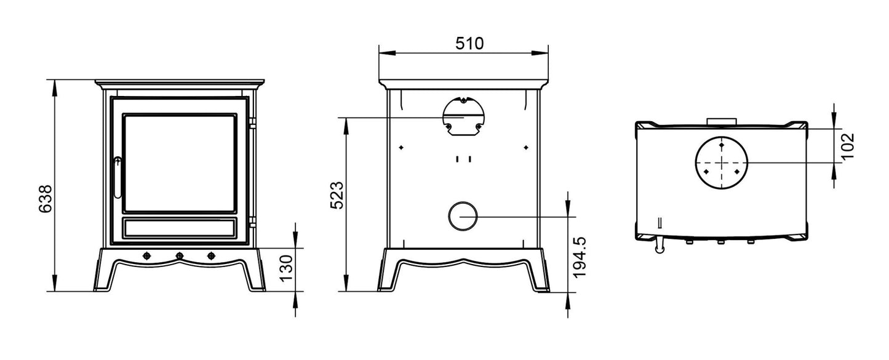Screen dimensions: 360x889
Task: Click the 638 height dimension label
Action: tap(45, 199)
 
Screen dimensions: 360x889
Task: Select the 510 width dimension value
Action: tap(469, 43)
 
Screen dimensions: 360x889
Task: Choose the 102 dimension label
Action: tap(848, 146)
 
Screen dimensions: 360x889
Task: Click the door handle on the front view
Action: tap(118, 177)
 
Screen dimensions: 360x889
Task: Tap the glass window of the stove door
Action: tap(179, 163)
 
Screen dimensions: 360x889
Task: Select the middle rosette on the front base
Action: tap(180, 255)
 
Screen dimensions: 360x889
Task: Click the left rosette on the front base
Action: tap(147, 255)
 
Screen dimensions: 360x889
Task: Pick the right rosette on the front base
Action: tap(212, 255)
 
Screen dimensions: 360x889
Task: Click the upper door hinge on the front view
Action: tap(252, 124)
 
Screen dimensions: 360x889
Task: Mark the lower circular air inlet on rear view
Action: tap(463, 216)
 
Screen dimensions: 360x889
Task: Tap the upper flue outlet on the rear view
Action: tap(463, 116)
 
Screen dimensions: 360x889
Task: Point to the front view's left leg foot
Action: tap(102, 286)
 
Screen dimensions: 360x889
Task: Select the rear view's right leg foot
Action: tap(540, 286)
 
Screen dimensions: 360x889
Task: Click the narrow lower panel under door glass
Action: tap(179, 227)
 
